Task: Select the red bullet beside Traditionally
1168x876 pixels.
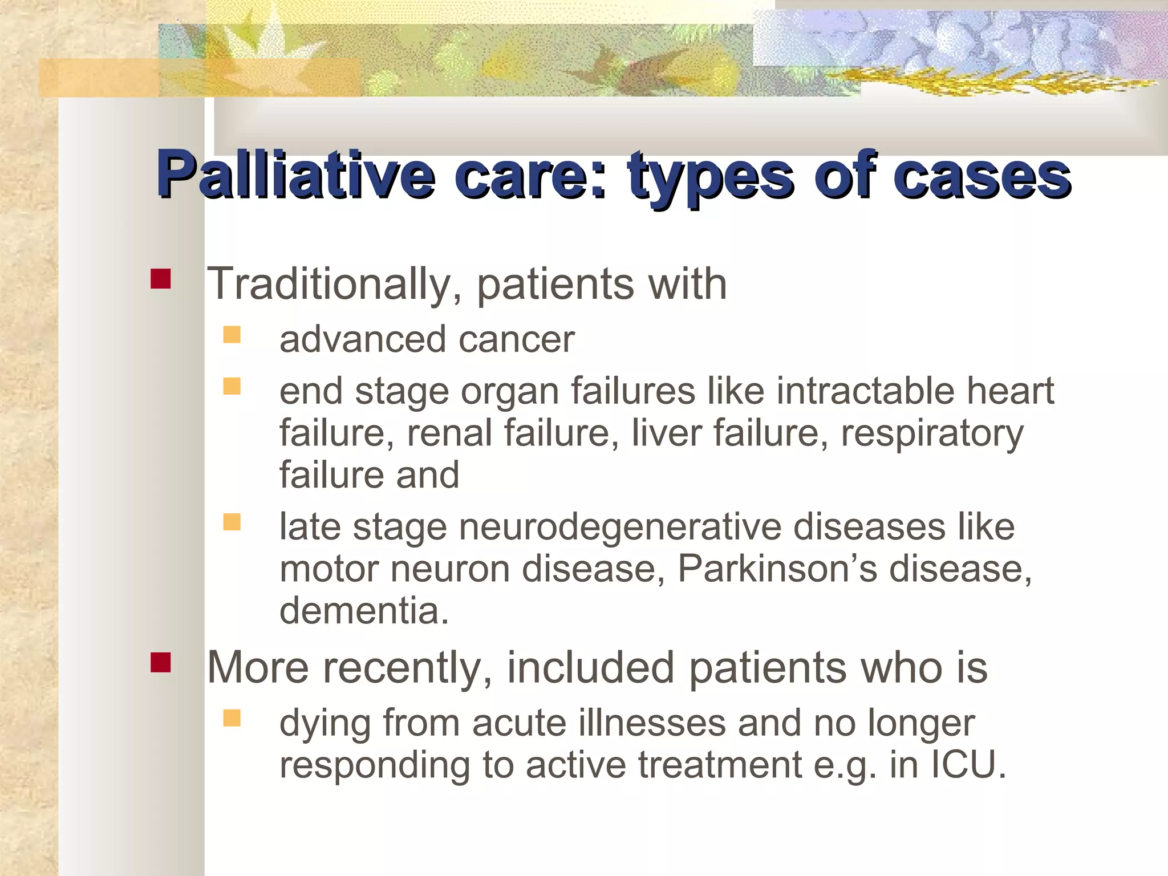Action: point(161,279)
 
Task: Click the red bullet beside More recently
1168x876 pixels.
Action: point(161,663)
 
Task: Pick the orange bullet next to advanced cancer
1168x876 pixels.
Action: point(232,334)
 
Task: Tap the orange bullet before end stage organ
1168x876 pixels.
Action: point(232,387)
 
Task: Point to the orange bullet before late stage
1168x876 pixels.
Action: point(232,522)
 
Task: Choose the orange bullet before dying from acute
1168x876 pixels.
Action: point(232,718)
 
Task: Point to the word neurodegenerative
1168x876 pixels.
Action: point(619,526)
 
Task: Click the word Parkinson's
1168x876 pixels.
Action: point(777,569)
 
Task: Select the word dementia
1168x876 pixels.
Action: point(363,611)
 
